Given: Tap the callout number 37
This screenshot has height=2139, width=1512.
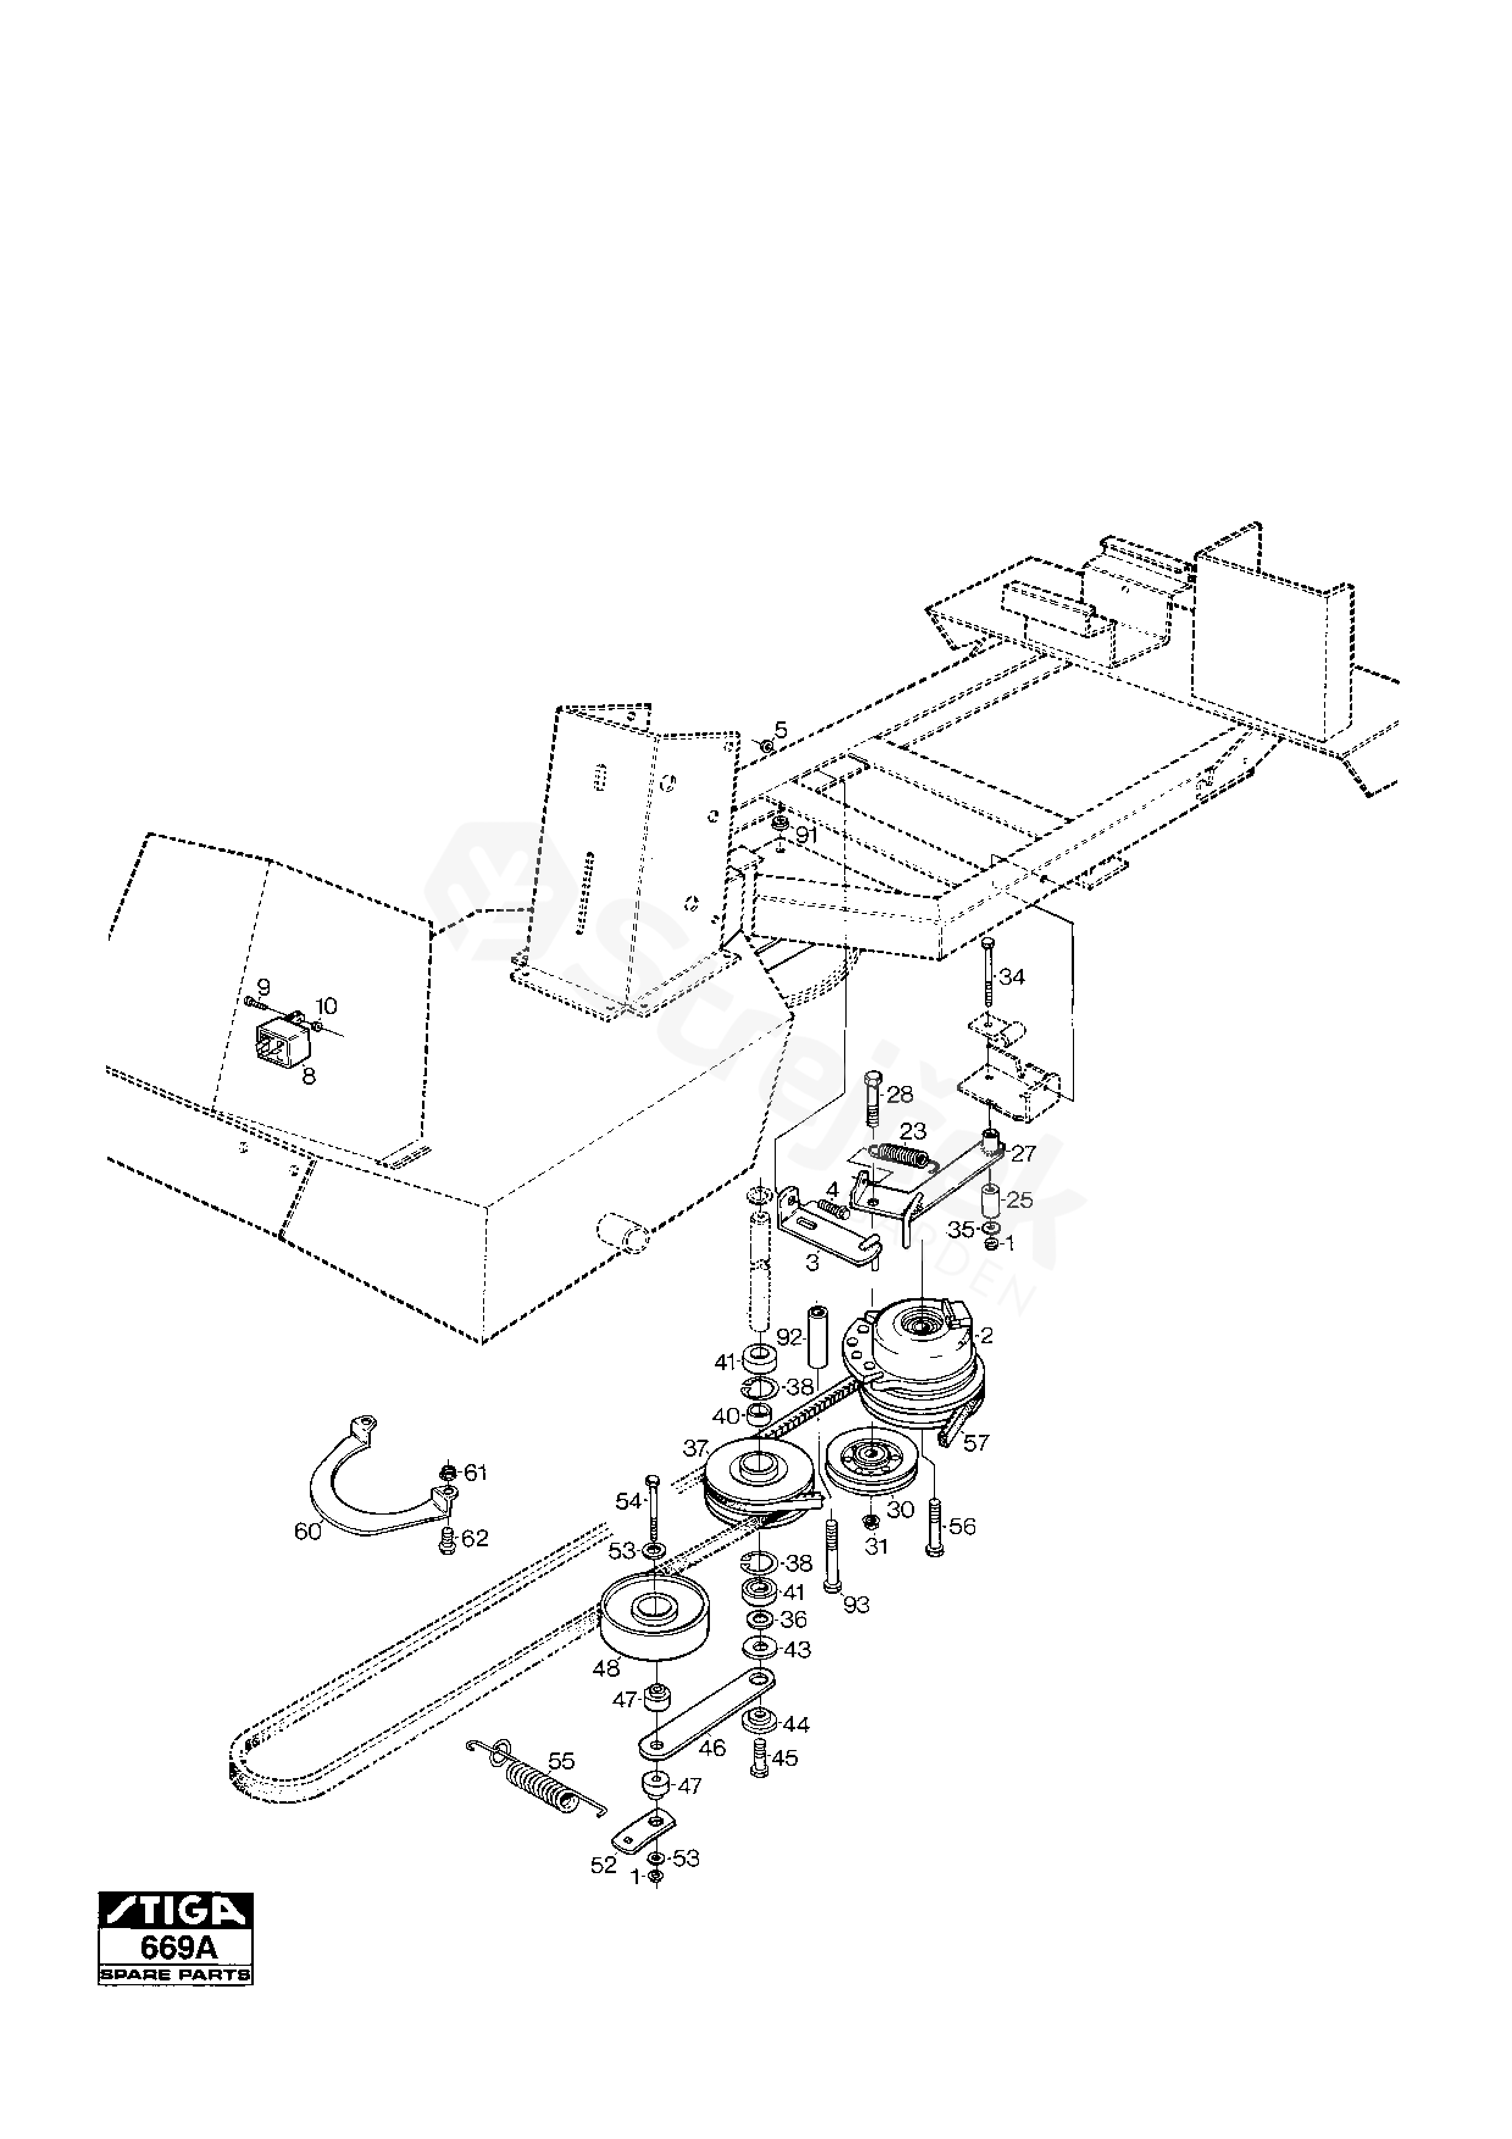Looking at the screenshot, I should (x=695, y=1449).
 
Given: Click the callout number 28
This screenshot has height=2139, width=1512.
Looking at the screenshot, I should (x=900, y=1094).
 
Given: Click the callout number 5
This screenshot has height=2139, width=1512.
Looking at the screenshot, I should (x=781, y=729).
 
